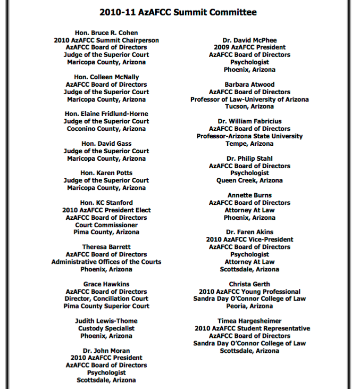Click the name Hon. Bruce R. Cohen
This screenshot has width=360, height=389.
point(106,33)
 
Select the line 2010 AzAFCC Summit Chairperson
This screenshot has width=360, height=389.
point(106,40)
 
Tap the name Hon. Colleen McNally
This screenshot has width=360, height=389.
point(106,77)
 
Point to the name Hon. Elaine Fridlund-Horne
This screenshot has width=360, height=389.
point(106,114)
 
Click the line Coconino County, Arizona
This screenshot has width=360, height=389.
point(106,129)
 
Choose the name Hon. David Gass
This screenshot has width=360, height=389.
point(106,144)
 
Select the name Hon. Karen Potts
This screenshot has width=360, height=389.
point(106,173)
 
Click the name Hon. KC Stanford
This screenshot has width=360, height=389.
point(106,203)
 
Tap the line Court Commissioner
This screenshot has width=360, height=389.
point(106,225)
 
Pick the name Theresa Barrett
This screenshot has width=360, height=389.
point(106,247)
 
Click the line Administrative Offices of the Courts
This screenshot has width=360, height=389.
point(106,262)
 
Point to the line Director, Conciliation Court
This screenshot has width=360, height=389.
point(106,299)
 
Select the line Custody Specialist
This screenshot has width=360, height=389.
point(106,328)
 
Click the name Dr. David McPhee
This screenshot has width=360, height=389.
point(249,40)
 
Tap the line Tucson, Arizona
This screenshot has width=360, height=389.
point(249,106)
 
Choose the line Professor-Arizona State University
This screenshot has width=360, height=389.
point(249,136)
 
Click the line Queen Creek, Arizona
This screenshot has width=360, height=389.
point(249,180)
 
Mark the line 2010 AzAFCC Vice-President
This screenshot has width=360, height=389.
point(249,239)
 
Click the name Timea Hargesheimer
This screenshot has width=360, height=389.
point(249,321)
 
